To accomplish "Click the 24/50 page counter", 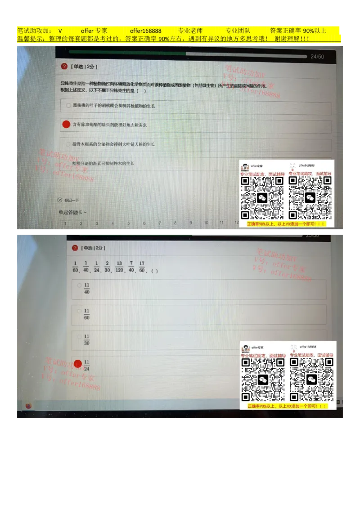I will [x=317, y=57].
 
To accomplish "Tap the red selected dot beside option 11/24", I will [x=78, y=364].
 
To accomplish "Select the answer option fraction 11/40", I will [x=87, y=288].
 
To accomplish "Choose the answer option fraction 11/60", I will [x=87, y=314].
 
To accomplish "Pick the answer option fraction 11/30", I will [x=87, y=339].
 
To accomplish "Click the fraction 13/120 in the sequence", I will [x=119, y=267].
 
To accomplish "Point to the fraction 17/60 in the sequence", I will [x=142, y=267].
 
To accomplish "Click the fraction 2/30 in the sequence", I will [x=107, y=267].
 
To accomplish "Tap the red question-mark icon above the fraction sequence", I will [x=75, y=248].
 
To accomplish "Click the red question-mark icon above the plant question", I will [x=64, y=67].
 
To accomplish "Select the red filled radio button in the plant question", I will [x=66, y=125].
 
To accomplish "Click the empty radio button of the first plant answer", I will [x=68, y=106].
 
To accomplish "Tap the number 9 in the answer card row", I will [x=190, y=223].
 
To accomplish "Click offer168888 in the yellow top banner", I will [x=146, y=31].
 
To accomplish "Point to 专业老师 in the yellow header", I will [x=190, y=31].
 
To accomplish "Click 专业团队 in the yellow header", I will [x=237, y=31].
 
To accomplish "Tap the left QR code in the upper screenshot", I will [x=262, y=197].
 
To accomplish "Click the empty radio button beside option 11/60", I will [x=79, y=311].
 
